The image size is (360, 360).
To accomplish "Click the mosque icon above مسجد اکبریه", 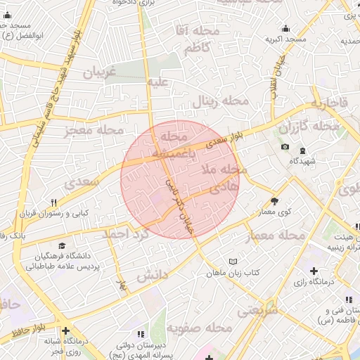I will coord(285,29).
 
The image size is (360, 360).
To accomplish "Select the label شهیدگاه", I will coord(303,161).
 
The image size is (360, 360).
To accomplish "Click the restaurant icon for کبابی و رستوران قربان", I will coord(53,202).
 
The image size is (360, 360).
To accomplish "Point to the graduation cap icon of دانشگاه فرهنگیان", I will coord(62,246).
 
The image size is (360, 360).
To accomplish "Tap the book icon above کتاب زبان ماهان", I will coord(233,261).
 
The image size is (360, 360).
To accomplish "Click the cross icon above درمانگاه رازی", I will coord(314,271).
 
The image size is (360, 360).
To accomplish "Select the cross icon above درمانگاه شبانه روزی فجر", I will coord(65,330).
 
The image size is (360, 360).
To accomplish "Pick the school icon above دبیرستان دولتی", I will coord(140,333).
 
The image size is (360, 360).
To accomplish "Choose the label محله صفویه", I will coord(205,328).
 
